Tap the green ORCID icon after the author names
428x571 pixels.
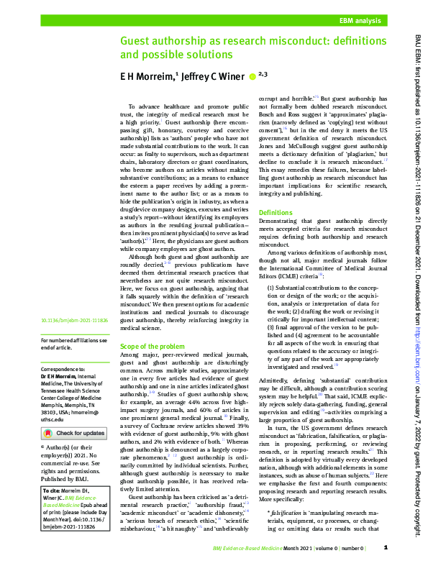point(252,74)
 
